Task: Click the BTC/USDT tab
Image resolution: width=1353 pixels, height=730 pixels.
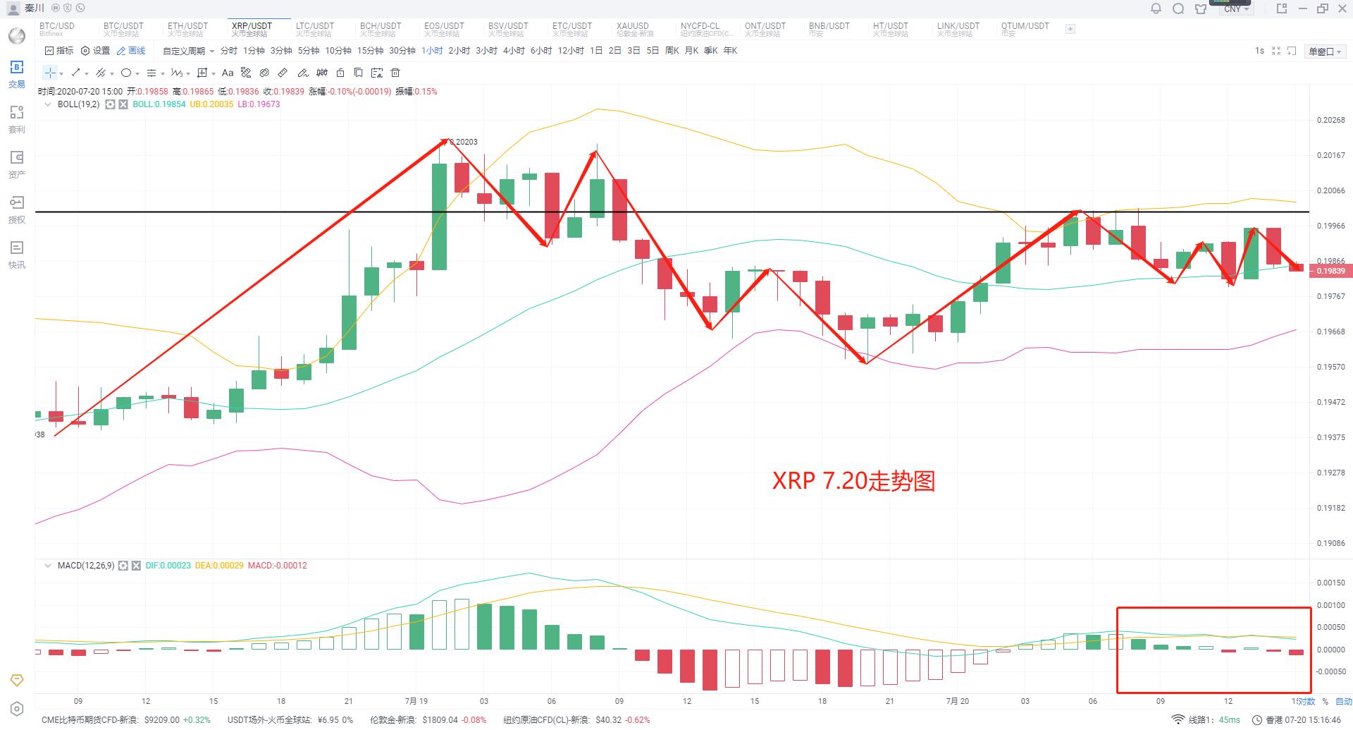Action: pyautogui.click(x=123, y=29)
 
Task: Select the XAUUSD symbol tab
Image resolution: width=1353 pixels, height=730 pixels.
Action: pyautogui.click(x=632, y=29)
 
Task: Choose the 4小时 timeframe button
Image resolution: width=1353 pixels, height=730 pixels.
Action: pyautogui.click(x=514, y=51)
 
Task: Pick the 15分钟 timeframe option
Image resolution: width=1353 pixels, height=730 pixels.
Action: pyautogui.click(x=370, y=51)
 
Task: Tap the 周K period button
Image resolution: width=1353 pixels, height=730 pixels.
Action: pyautogui.click(x=672, y=51)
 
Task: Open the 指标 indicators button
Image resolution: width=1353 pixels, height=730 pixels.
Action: pyautogui.click(x=59, y=51)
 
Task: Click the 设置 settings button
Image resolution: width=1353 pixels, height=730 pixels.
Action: pyautogui.click(x=96, y=51)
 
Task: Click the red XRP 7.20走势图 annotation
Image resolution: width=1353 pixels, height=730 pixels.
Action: pyautogui.click(x=853, y=481)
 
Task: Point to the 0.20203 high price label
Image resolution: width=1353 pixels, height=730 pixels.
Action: pyautogui.click(x=464, y=142)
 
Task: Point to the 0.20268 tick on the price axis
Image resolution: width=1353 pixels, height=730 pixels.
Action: pyautogui.click(x=1330, y=120)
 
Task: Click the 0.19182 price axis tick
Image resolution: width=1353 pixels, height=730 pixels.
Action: pyautogui.click(x=1330, y=508)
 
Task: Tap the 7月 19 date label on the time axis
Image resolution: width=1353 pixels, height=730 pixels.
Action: pyautogui.click(x=416, y=701)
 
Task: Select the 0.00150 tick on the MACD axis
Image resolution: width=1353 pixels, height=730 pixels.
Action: pyautogui.click(x=1330, y=583)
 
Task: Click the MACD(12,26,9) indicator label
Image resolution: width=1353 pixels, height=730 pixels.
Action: pyautogui.click(x=85, y=566)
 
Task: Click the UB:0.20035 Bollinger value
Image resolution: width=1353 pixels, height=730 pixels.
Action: pyautogui.click(x=211, y=104)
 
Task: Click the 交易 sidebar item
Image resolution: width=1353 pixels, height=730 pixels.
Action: pyautogui.click(x=17, y=74)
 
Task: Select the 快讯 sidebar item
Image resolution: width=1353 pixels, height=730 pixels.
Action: pyautogui.click(x=17, y=255)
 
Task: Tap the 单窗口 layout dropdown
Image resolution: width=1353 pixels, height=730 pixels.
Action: pyautogui.click(x=1325, y=51)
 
